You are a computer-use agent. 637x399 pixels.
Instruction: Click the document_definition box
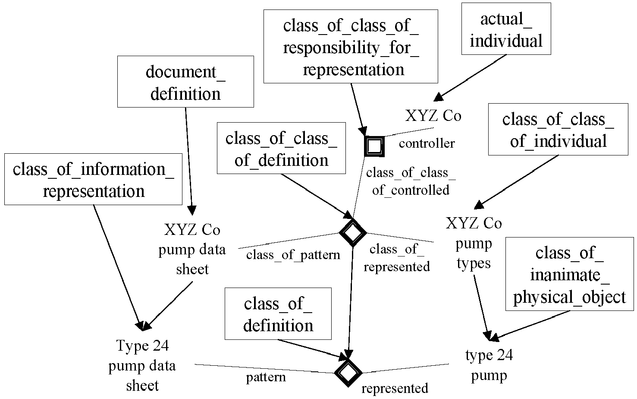(185, 82)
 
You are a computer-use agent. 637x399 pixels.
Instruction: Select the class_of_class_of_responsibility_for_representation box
(351, 47)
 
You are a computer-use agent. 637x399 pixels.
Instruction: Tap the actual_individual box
(506, 29)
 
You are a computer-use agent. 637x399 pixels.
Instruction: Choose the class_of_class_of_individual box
(558, 129)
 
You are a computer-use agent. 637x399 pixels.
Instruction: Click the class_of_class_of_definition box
(281, 148)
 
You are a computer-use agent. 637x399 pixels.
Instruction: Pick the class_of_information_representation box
(93, 179)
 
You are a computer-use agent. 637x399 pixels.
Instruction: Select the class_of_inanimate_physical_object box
(570, 274)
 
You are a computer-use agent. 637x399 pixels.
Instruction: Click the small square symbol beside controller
(374, 146)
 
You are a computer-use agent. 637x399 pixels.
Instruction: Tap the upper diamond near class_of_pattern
(353, 233)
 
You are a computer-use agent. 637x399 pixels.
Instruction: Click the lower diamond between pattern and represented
(348, 373)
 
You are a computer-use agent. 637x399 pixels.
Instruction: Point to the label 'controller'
(427, 143)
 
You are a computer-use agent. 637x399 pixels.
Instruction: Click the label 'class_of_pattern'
(293, 255)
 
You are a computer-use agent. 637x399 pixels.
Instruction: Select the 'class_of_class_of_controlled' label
(411, 181)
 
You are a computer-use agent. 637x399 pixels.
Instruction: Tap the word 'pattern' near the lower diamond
(266, 378)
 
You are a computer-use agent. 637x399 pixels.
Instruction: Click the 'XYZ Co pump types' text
(474, 243)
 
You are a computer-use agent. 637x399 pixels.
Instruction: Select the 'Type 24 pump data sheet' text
(142, 365)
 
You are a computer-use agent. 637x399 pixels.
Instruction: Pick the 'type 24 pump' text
(489, 365)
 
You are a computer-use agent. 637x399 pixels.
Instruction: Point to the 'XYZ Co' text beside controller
(433, 116)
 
